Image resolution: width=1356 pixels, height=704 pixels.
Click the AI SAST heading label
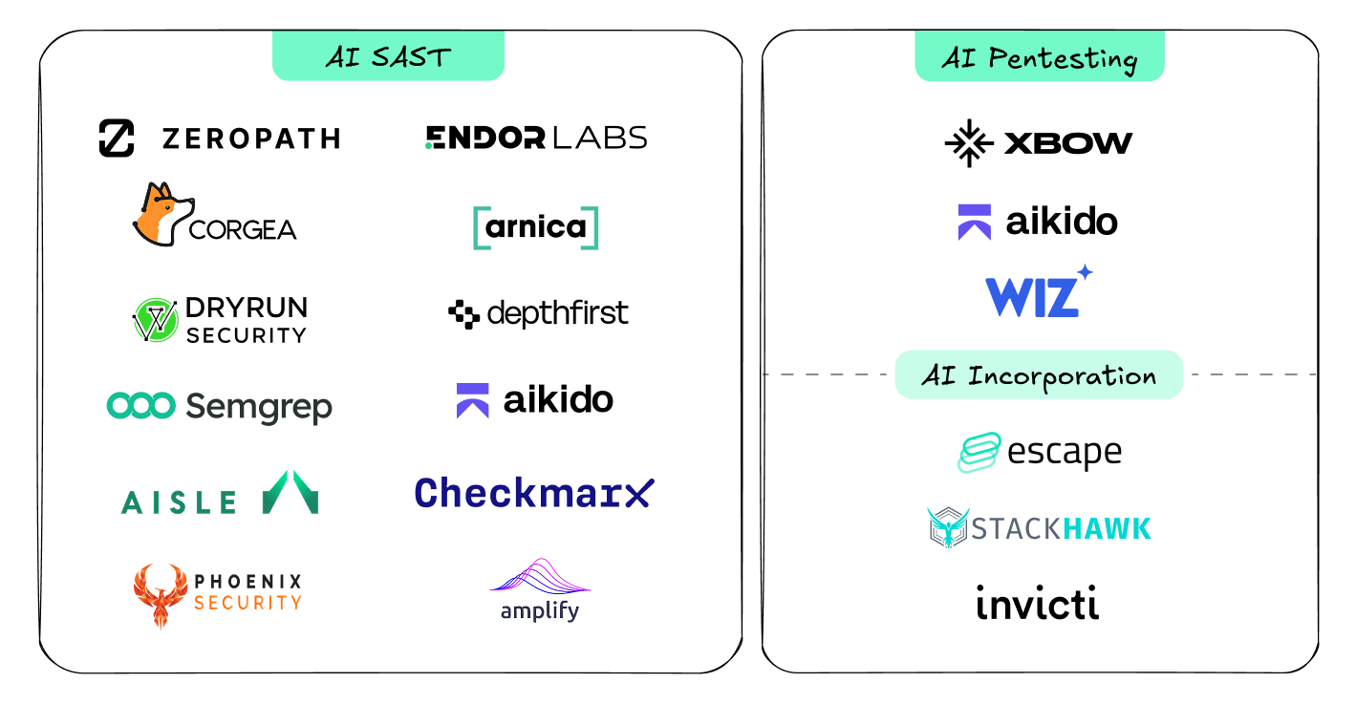387,57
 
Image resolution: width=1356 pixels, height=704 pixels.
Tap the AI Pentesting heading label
1039,58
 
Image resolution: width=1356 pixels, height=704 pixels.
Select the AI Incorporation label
1039,375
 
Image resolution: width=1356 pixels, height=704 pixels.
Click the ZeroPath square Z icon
117,139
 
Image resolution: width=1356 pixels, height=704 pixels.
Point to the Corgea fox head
164,212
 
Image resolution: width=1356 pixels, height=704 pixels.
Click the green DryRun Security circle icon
156,320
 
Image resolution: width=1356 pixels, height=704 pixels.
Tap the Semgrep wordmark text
259,407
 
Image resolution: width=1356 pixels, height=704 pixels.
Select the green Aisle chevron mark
291,493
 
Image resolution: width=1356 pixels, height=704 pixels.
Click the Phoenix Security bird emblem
158,594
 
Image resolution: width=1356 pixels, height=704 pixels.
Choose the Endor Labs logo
536,138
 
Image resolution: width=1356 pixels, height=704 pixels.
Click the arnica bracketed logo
536,227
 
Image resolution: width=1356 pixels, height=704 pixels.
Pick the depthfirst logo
538,313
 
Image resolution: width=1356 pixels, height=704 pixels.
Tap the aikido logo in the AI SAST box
535,400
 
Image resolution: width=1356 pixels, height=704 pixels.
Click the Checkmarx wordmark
534,492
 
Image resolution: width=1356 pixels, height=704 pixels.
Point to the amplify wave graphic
540,576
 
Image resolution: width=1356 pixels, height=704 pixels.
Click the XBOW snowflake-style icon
968,143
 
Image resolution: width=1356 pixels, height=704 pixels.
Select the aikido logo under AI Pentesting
1038,222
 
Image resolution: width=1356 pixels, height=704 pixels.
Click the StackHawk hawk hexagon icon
948,528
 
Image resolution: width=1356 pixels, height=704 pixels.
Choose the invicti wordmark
1038,603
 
